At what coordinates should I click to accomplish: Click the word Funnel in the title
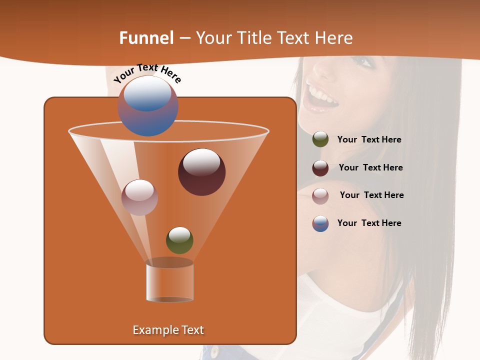146,38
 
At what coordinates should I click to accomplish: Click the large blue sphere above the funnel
148,106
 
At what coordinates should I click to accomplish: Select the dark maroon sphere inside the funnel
202,172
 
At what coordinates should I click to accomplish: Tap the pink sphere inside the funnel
139,197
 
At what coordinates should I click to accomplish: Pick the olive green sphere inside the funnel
179,240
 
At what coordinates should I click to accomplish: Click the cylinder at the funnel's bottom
169,282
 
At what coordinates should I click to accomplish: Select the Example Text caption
168,330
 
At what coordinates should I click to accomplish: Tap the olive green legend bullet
320,139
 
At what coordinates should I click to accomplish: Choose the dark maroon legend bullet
320,168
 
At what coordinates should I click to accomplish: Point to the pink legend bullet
320,196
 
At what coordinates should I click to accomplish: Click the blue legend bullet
320,223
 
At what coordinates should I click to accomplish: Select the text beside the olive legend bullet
369,140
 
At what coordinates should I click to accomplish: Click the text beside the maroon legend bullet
370,167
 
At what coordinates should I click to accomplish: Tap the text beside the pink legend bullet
371,195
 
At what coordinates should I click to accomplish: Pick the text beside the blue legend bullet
369,223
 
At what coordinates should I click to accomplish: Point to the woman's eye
363,62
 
